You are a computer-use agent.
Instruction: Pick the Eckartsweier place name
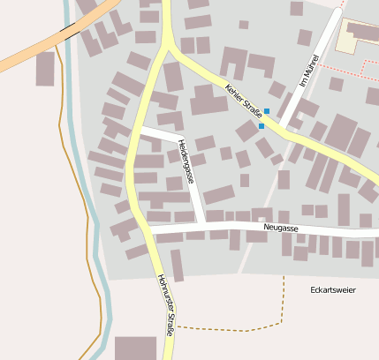333,289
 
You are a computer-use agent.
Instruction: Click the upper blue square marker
267,111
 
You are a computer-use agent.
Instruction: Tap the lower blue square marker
262,126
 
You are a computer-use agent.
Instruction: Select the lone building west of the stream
45,68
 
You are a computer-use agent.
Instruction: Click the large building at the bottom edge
135,348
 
